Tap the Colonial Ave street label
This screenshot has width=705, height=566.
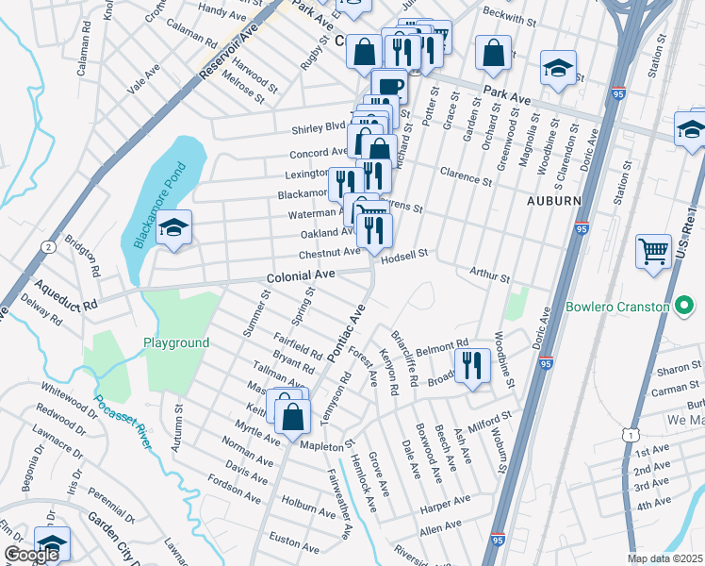point(301,275)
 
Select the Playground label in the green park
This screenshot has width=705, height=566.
point(176,342)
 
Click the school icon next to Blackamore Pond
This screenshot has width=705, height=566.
point(174,227)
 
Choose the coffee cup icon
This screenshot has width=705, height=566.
point(389,88)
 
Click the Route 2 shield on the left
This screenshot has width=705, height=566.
point(47,247)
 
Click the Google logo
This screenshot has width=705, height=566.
point(30,555)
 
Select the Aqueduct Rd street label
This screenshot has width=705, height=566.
point(64,291)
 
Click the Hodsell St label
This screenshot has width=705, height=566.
point(405,254)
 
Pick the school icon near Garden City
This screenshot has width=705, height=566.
point(53,544)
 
